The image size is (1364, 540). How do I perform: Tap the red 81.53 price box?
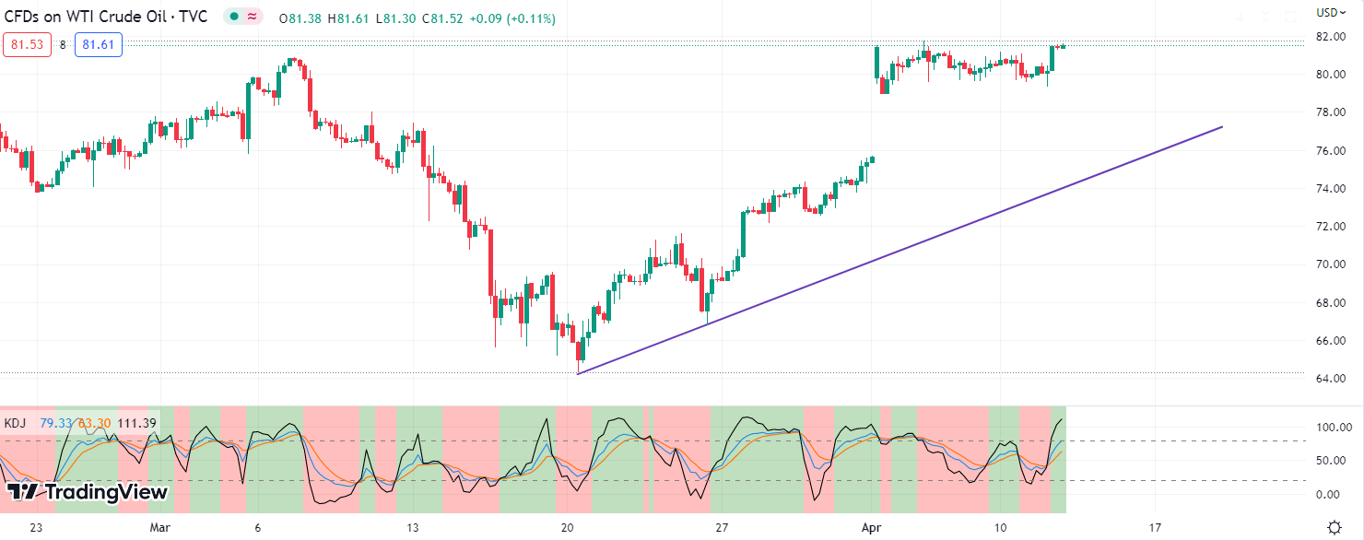pos(26,44)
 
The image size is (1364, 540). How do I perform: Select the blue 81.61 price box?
pos(99,44)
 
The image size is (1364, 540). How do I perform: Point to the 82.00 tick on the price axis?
pos(1329,37)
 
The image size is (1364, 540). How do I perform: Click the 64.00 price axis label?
pos(1329,379)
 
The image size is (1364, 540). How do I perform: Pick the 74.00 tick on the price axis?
pos(1329,189)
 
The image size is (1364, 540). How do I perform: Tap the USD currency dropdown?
pos(1330,12)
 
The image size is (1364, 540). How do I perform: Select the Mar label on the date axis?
pos(161,527)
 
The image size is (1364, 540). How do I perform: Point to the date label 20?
pos(568,527)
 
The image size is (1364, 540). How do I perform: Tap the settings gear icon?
pos(1334,527)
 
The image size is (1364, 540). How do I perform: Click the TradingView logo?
pos(88,492)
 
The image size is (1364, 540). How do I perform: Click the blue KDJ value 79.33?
pos(55,423)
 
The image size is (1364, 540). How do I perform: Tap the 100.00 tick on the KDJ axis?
pos(1333,428)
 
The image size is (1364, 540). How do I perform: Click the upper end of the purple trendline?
pos(1222,126)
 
